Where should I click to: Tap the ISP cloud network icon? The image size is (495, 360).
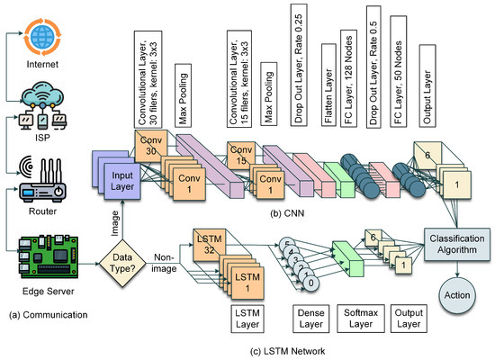(39, 96)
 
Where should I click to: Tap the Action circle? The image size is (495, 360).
(457, 296)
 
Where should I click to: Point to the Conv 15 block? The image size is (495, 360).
(240, 149)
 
